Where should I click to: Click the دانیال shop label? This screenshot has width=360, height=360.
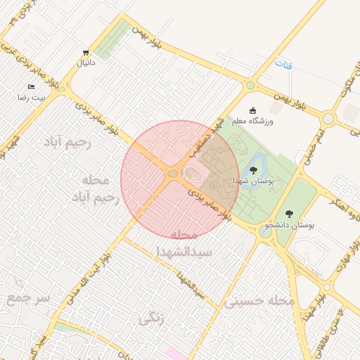tap(86, 63)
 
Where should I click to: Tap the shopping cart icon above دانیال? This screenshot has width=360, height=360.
tap(86, 53)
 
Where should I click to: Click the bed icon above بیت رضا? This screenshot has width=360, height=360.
tap(31, 87)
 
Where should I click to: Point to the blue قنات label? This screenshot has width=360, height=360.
tap(284, 65)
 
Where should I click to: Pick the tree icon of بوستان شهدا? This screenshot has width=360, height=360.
tap(253, 170)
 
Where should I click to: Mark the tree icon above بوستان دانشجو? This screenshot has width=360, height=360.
tap(290, 214)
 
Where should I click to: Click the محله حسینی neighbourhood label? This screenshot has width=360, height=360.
tap(259, 301)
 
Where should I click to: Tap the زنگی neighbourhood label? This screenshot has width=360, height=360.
tap(151, 319)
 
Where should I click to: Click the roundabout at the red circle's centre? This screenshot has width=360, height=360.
tap(172, 174)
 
